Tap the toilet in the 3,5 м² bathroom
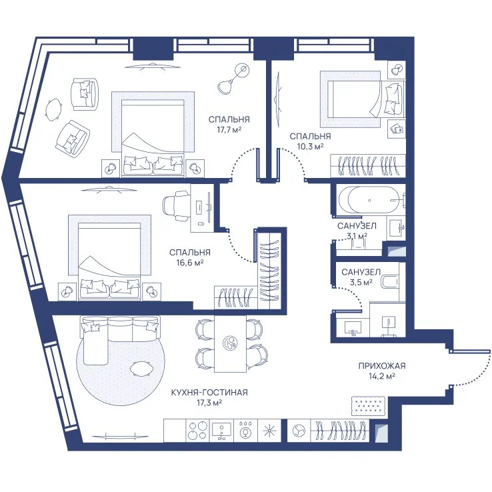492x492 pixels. (x=389, y=281)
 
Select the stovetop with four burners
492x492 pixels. (x=198, y=430)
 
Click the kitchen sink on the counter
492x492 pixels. (x=221, y=430)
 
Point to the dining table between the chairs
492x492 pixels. (x=230, y=344)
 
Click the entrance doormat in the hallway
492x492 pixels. (x=368, y=405)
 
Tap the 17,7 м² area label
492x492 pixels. (x=229, y=129)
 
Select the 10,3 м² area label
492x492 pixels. (x=310, y=146)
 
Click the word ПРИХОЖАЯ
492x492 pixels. (x=382, y=366)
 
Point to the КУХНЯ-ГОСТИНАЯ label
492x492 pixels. (x=209, y=392)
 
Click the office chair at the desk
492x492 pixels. (x=177, y=206)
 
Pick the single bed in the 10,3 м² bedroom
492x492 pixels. (x=365, y=99)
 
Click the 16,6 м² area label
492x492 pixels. (x=189, y=263)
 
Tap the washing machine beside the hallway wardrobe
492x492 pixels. (x=299, y=430)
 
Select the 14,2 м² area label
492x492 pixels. (x=381, y=376)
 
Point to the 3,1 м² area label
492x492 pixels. (x=357, y=236)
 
